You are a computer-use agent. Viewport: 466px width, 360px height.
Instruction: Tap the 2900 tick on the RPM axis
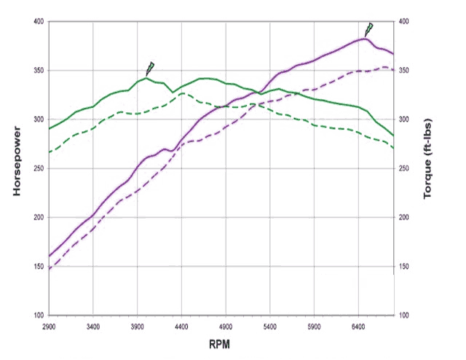(x=50, y=327)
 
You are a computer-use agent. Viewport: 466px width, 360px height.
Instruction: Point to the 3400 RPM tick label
(x=93, y=327)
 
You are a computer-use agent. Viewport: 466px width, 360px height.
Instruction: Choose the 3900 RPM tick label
(x=138, y=327)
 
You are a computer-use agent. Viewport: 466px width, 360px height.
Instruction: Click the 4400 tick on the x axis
(x=182, y=327)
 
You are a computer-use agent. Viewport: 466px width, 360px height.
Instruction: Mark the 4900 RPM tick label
(x=226, y=327)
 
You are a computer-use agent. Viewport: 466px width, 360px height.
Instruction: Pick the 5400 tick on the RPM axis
(x=270, y=327)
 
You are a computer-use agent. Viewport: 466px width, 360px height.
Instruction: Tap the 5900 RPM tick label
(x=315, y=327)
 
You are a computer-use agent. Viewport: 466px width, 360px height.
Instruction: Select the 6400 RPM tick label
(x=359, y=327)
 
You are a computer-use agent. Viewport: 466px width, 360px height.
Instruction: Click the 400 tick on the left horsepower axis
(x=37, y=22)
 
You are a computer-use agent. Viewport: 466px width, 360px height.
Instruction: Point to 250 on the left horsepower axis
(x=37, y=168)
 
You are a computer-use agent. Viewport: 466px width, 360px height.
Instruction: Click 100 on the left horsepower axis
(x=37, y=316)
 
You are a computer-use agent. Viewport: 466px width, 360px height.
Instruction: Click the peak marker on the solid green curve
(x=150, y=69)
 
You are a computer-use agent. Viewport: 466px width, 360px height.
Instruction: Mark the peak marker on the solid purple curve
(x=369, y=29)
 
